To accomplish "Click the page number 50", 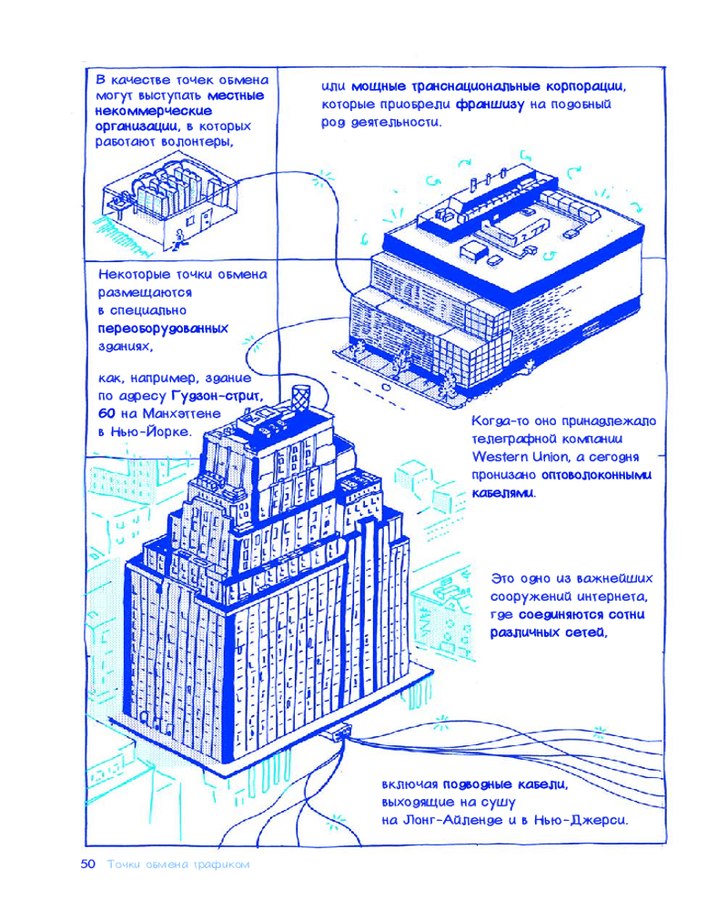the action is [x=87, y=864].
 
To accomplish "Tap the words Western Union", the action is [x=506, y=457].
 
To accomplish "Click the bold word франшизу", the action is [x=490, y=105].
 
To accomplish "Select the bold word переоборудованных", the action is [x=163, y=329].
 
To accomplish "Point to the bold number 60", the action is [x=106, y=414].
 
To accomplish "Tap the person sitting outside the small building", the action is [x=177, y=239].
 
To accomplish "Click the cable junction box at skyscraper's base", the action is [x=340, y=732].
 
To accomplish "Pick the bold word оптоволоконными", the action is [x=596, y=475].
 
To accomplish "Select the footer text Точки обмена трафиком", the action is [x=178, y=864].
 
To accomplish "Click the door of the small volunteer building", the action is [x=206, y=220].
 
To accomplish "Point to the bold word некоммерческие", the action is [x=153, y=111].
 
